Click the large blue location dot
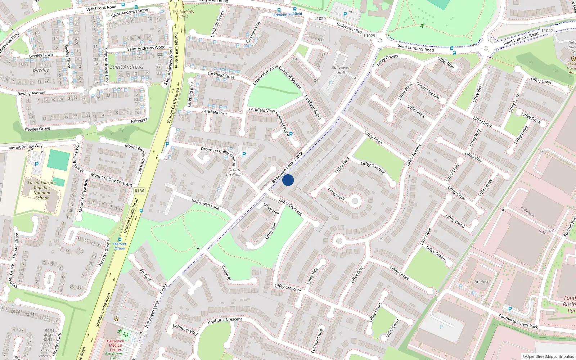tap(288, 180)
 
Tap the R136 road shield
tap(139, 191)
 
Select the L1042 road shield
tap(547, 31)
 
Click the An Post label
tap(481, 282)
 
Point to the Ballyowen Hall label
tap(341, 70)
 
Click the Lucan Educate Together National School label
tap(42, 190)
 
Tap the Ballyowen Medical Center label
tap(116, 345)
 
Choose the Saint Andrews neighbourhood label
tap(127, 67)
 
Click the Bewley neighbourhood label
tap(41, 70)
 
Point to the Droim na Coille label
tap(234, 172)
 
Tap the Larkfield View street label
tap(262, 110)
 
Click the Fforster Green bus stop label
tap(120, 246)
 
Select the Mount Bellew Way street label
tap(25, 147)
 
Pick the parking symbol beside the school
tap(37, 164)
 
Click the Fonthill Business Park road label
tap(518, 321)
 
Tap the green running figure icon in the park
tap(422, 25)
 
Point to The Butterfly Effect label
tap(183, 14)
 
